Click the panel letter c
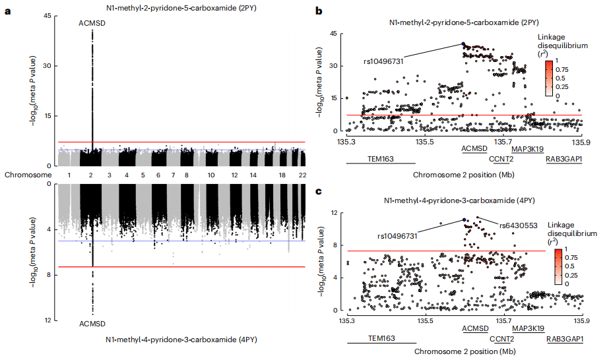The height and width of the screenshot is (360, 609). tap(319, 192)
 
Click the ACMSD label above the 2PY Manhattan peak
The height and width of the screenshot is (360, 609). tap(92, 23)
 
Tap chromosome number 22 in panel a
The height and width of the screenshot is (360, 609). tap(302, 175)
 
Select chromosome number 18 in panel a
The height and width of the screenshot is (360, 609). tap(282, 175)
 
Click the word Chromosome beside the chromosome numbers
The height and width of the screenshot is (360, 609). tap(27, 175)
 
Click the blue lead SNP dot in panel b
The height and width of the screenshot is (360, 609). tap(463, 44)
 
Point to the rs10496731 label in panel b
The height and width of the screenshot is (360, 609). tap(383, 61)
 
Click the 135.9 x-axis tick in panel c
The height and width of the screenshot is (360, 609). tap(580, 321)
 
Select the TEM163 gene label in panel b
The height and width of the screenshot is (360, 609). tap(380, 158)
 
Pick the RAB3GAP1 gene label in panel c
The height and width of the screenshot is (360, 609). tap(564, 339)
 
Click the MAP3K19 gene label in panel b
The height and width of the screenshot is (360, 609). tap(529, 149)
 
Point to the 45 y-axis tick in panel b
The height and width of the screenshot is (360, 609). tap(335, 34)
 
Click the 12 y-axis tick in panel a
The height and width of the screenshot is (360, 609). tap(48, 320)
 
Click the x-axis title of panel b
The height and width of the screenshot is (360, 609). tap(463, 175)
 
